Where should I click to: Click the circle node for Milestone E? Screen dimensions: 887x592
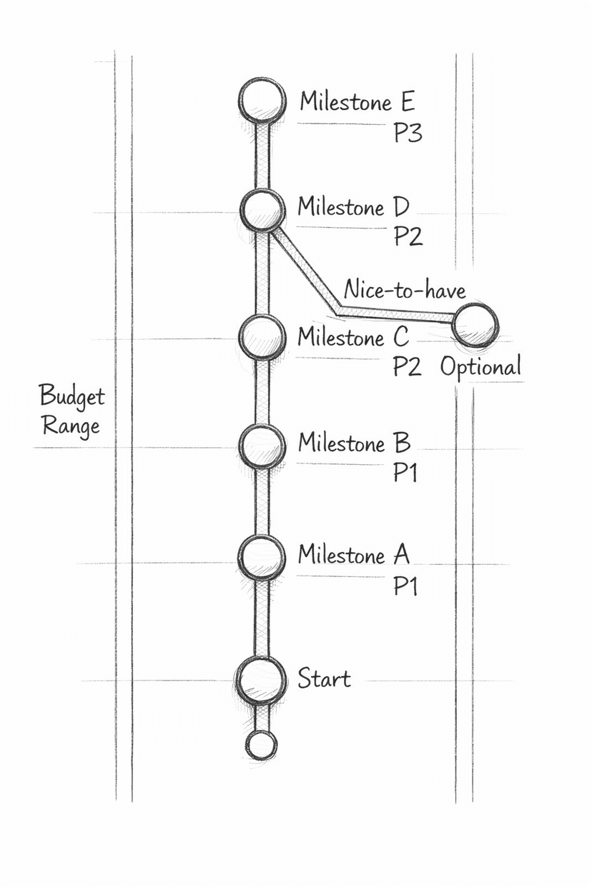[262, 101]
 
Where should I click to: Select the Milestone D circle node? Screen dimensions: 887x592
[262, 210]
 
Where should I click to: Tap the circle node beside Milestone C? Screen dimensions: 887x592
[262, 335]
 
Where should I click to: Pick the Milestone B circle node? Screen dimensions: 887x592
[262, 446]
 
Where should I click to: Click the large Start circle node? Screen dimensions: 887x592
[262, 680]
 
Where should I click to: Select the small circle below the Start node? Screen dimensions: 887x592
[262, 745]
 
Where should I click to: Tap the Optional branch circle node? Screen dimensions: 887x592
[475, 324]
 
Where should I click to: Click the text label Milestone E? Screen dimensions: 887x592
[357, 101]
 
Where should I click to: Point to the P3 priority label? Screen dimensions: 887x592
[408, 133]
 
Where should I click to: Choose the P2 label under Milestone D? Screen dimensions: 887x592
[408, 236]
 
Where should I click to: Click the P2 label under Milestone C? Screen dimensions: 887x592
[408, 366]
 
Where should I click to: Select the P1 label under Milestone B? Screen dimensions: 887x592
[405, 473]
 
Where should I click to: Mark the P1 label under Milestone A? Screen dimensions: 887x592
[405, 586]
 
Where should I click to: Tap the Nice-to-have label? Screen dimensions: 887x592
[405, 290]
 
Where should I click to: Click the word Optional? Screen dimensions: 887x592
[480, 367]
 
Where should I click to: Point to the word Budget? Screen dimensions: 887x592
[71, 396]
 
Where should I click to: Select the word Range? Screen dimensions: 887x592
[70, 426]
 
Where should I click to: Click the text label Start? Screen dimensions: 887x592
[324, 678]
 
